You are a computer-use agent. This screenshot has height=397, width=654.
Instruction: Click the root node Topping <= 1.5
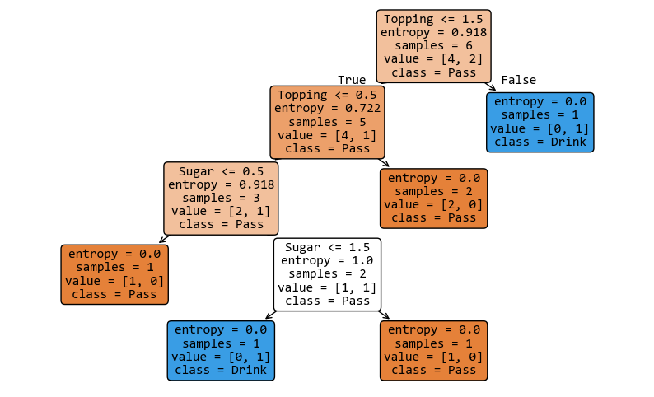coord(433,45)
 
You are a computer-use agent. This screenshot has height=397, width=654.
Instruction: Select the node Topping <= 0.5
coord(327,122)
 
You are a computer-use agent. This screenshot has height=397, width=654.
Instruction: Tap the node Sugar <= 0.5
coord(221,198)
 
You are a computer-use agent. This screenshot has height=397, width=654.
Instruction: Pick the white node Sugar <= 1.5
coord(327,274)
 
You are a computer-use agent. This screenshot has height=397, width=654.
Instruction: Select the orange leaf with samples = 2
coord(433,198)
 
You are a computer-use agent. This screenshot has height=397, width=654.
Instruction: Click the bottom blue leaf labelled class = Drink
coord(221,350)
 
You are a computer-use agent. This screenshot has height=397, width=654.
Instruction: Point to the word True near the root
coord(352,80)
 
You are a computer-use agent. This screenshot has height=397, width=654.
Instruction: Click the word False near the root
coord(518,80)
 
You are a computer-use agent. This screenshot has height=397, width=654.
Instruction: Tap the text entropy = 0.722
coord(327,108)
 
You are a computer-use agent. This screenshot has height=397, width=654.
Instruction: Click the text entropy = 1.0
coord(327,260)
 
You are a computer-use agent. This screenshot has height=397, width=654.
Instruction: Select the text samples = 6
coord(433,46)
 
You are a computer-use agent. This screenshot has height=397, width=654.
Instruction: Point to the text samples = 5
coord(327,122)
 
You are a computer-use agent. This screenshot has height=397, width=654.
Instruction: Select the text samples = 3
coord(221,198)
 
